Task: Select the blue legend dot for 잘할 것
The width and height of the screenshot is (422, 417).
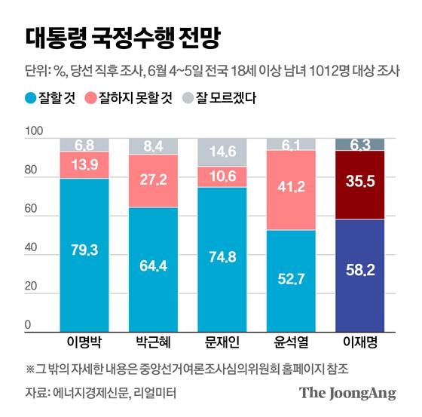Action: (x=31, y=97)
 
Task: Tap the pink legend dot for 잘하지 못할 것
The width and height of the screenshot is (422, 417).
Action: (x=93, y=97)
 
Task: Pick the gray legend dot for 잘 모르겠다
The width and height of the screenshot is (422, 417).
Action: (x=188, y=97)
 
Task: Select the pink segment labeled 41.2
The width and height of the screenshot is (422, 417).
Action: (x=291, y=188)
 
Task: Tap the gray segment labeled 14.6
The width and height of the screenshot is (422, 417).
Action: (x=222, y=151)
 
